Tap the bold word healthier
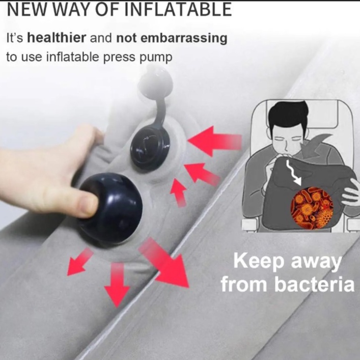pos(57,37)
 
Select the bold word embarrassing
pos(172,38)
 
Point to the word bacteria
pos(314,285)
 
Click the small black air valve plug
pos(151,144)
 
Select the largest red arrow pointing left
pos(215,141)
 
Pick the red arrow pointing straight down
pos(117,285)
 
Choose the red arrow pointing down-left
pos(79,262)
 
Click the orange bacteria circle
pos(312,208)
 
